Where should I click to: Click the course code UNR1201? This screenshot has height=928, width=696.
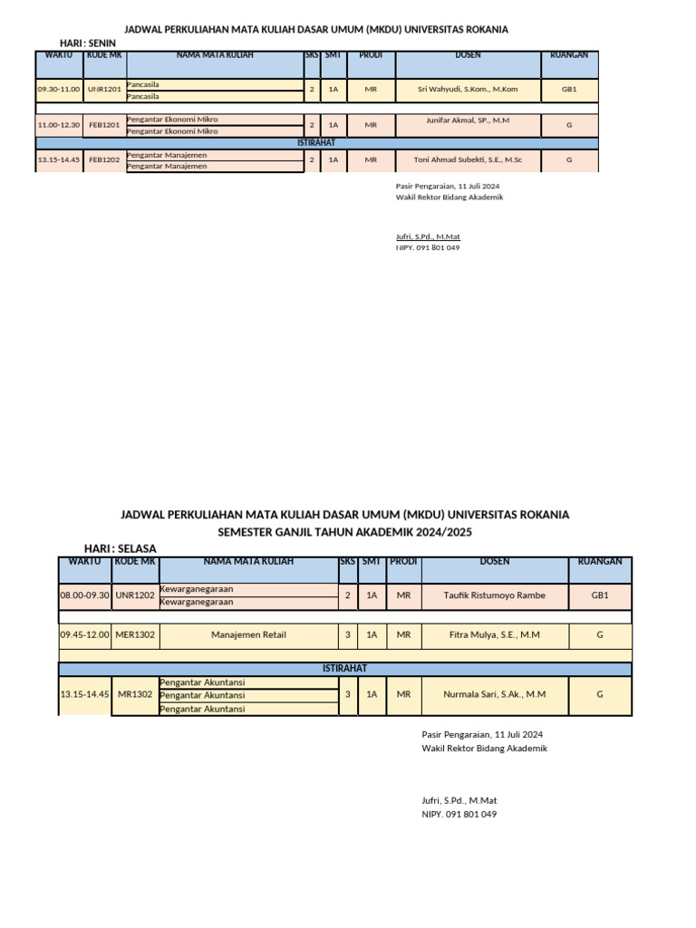click(x=104, y=90)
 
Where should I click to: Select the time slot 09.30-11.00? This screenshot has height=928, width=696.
click(x=59, y=90)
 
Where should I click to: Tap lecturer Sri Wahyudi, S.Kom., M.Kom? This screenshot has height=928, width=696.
click(x=467, y=90)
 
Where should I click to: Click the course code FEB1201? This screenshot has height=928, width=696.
click(x=104, y=125)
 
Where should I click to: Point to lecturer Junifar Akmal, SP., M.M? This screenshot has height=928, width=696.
click(x=467, y=120)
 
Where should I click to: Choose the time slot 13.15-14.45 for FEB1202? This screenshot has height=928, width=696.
click(x=59, y=159)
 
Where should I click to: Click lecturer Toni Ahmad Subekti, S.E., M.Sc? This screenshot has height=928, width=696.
click(x=467, y=159)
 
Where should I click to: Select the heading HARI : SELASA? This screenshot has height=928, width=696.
click(x=121, y=549)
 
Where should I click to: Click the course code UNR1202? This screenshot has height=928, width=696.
click(x=135, y=595)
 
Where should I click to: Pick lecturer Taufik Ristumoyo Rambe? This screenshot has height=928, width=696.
click(x=495, y=595)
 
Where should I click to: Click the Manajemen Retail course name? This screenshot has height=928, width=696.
click(x=248, y=635)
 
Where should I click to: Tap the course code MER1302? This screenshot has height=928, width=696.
click(x=135, y=635)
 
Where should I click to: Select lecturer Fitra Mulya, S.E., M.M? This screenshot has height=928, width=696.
click(x=495, y=635)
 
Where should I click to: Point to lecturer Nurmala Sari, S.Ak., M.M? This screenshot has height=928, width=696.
click(x=495, y=694)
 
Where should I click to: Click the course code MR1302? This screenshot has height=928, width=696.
click(x=135, y=694)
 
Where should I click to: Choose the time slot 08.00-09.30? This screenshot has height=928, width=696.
click(x=84, y=595)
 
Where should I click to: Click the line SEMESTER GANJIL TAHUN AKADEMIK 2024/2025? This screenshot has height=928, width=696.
click(x=345, y=532)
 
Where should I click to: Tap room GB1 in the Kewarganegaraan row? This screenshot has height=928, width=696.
click(x=600, y=595)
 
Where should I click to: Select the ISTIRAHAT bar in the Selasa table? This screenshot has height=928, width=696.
click(x=345, y=669)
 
